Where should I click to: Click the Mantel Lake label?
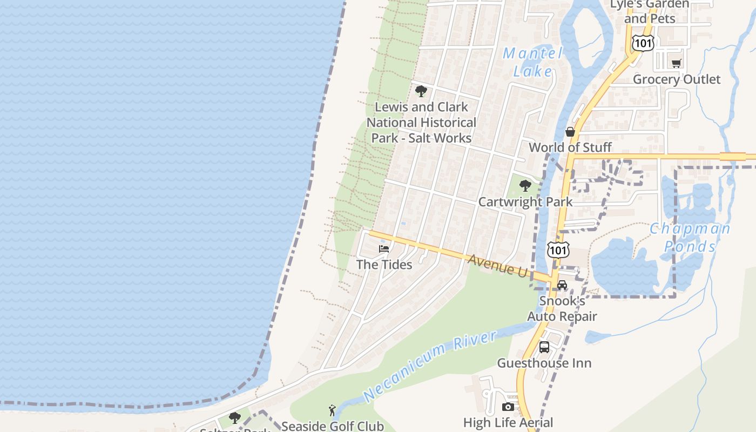[x=532, y=62]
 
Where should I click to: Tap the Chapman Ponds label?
[x=690, y=237]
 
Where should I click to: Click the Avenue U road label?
[x=497, y=266]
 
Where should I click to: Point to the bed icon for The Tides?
[x=384, y=249]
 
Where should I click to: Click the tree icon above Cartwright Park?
[x=525, y=186]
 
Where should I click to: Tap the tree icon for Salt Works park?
[x=421, y=91]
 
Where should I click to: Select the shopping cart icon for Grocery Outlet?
[x=676, y=63]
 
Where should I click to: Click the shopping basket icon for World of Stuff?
[x=570, y=132]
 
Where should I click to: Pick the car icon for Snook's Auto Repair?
[x=562, y=285]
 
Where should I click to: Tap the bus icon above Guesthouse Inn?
[x=544, y=347]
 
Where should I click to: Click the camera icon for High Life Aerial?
[x=508, y=407]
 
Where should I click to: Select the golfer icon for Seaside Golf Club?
[x=332, y=410]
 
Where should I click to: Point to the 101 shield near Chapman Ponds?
[x=558, y=249]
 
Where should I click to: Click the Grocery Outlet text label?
[x=677, y=79]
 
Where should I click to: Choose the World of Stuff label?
[x=570, y=147]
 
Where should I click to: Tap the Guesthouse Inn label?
[x=544, y=363]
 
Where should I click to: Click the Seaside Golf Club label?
[x=333, y=426]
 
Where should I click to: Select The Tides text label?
[x=384, y=265]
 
